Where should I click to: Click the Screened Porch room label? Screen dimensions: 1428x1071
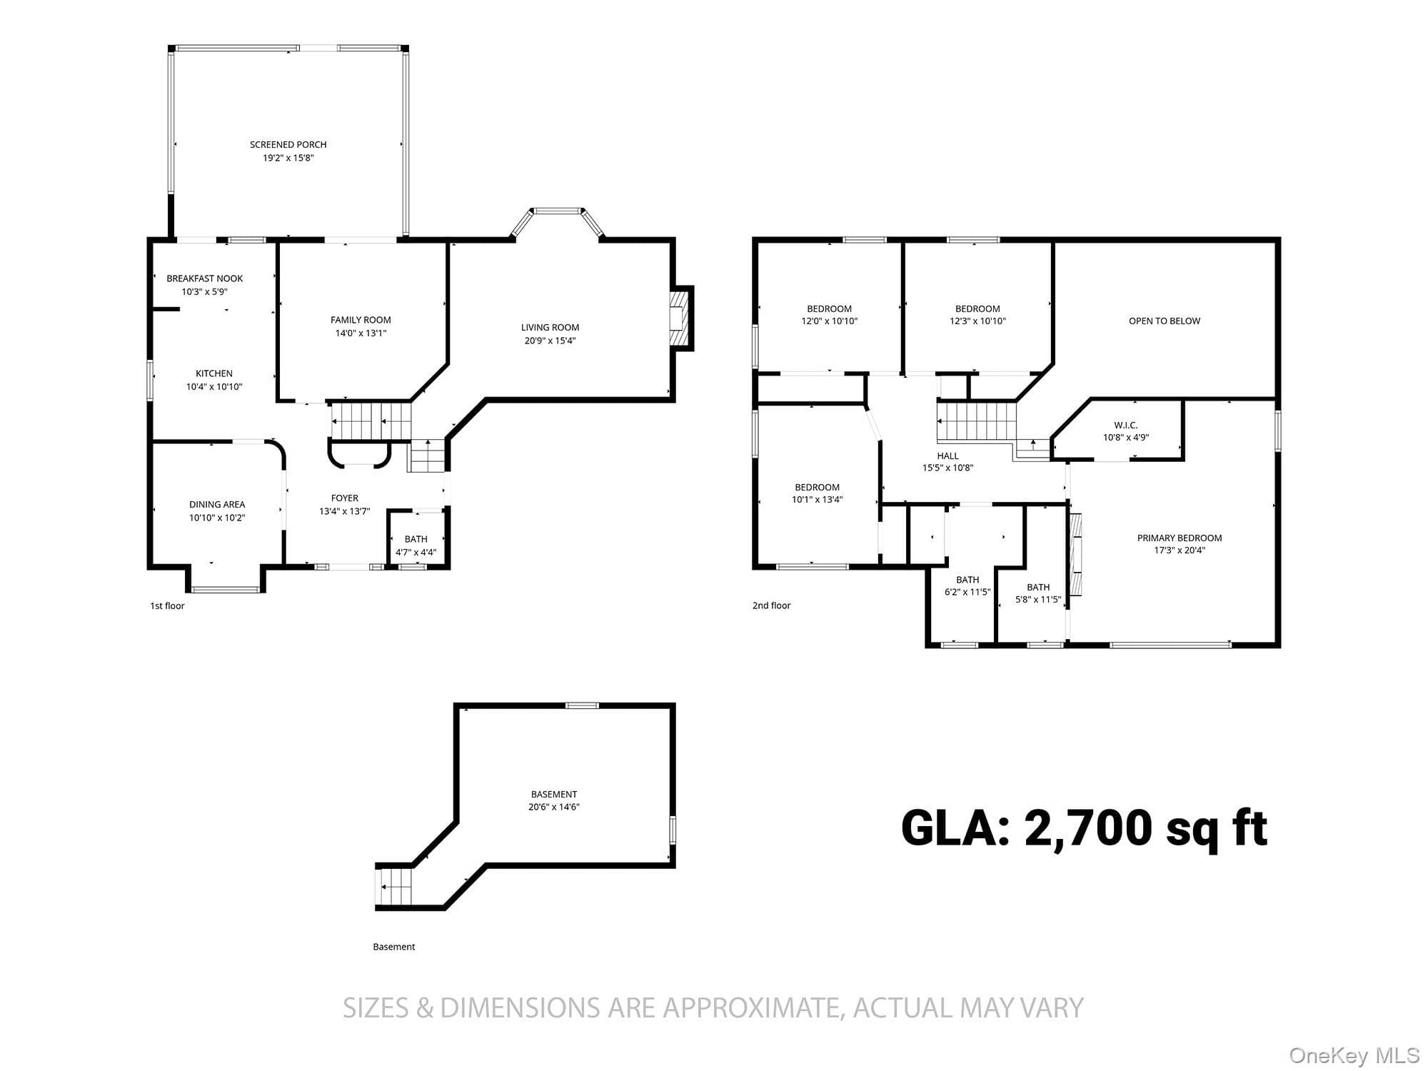coord(288,144)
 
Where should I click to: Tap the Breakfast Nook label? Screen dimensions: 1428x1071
coord(205,278)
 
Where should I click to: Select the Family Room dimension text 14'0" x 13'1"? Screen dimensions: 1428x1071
coord(361,333)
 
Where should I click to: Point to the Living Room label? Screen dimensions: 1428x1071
coord(550,328)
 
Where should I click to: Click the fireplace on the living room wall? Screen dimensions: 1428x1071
coord(681,318)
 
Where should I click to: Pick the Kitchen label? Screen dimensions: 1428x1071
coord(214,373)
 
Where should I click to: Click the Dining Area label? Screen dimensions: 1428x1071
coord(217,504)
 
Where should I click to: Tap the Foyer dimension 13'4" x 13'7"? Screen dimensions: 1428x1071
coord(344,511)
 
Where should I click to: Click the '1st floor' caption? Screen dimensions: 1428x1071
coord(167,605)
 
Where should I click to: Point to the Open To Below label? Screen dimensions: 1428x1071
coord(1165,321)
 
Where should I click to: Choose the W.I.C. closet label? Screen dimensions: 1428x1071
coord(1126,425)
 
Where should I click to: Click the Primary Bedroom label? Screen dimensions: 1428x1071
coord(1180,538)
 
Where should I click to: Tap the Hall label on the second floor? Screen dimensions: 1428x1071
coord(948,456)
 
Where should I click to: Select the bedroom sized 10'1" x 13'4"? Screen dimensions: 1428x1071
coord(818,493)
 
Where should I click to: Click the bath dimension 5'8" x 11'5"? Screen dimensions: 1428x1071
coord(1038,600)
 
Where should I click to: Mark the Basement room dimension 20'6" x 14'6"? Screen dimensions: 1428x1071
coord(554,807)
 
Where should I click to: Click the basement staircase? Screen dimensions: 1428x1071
coord(395,886)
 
